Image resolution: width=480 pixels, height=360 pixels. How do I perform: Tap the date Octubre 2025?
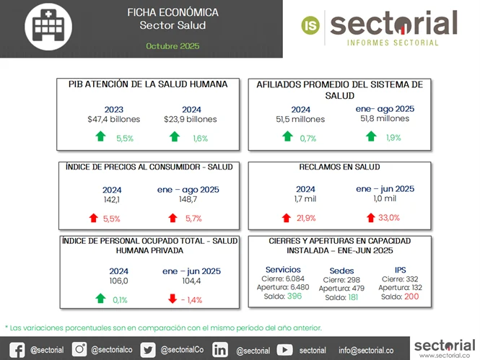[x=172, y=46]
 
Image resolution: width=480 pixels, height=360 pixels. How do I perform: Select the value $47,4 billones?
[x=113, y=120]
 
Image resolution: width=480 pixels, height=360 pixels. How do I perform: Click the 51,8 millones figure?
[x=384, y=119]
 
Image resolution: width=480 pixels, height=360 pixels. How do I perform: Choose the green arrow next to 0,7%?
[x=287, y=136]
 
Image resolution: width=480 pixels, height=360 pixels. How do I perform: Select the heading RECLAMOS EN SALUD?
[x=339, y=167]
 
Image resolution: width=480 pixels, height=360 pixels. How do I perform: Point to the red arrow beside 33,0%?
[x=370, y=217]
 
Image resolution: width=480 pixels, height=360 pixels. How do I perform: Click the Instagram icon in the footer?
[x=80, y=349]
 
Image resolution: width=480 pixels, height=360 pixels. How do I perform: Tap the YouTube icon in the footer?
[x=284, y=349]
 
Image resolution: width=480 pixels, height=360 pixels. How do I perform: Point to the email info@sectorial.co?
[x=366, y=350]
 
